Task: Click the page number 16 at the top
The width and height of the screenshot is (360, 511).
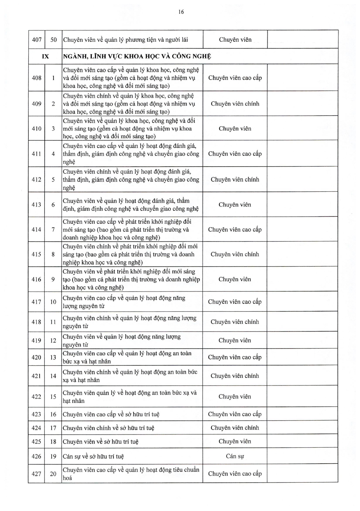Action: pos(181,12)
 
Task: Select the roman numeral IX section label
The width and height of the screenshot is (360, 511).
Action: pos(45,56)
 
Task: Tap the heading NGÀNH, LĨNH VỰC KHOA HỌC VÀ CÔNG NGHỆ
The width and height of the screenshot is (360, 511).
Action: pos(137,56)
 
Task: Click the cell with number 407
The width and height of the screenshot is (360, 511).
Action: pos(37,40)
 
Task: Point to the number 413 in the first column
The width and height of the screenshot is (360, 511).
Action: pos(36,205)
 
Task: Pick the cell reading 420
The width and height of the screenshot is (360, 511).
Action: pos(36,357)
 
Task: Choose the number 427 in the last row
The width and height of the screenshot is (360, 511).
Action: pos(36,474)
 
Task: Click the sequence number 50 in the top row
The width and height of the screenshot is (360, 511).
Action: pos(54,40)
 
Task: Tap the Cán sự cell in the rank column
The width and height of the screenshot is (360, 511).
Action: pos(235,456)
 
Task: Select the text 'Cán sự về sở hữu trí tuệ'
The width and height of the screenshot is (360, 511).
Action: pos(93,456)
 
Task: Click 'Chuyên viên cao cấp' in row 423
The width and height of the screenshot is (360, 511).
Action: pos(235,414)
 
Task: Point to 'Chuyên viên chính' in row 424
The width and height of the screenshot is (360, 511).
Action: pos(235,428)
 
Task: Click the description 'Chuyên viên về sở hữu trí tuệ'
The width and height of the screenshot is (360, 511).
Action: pos(101,441)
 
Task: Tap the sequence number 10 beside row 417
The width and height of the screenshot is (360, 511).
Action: pos(53,302)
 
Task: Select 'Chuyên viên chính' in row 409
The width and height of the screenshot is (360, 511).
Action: pos(235,104)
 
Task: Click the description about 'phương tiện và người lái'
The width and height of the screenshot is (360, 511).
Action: pos(125,40)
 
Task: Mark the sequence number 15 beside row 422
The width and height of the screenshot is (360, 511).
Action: pos(53,396)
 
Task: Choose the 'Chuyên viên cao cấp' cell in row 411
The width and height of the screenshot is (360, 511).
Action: pos(235,154)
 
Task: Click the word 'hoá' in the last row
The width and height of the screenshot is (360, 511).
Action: pos(67,478)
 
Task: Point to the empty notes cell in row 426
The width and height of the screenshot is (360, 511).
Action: pos(302,456)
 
